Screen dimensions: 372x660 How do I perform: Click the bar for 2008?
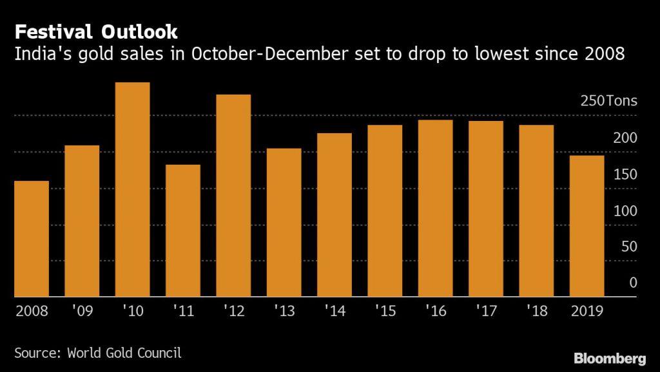(x=32, y=239)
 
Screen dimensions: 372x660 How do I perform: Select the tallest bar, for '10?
(x=132, y=189)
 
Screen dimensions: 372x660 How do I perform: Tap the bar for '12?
(x=233, y=196)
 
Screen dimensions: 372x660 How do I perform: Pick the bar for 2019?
(x=587, y=226)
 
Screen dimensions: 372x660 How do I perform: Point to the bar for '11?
(x=182, y=230)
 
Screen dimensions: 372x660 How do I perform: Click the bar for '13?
(x=284, y=223)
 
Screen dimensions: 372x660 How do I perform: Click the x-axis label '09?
(x=82, y=311)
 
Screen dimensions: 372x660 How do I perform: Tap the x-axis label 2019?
(x=587, y=311)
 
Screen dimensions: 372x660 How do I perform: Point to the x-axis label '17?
(x=485, y=311)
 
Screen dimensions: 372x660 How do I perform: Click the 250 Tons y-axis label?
(x=608, y=101)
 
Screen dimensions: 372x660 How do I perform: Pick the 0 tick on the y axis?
(x=633, y=283)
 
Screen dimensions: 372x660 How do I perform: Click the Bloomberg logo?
(x=610, y=357)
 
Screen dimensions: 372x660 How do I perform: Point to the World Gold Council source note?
(x=98, y=352)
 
